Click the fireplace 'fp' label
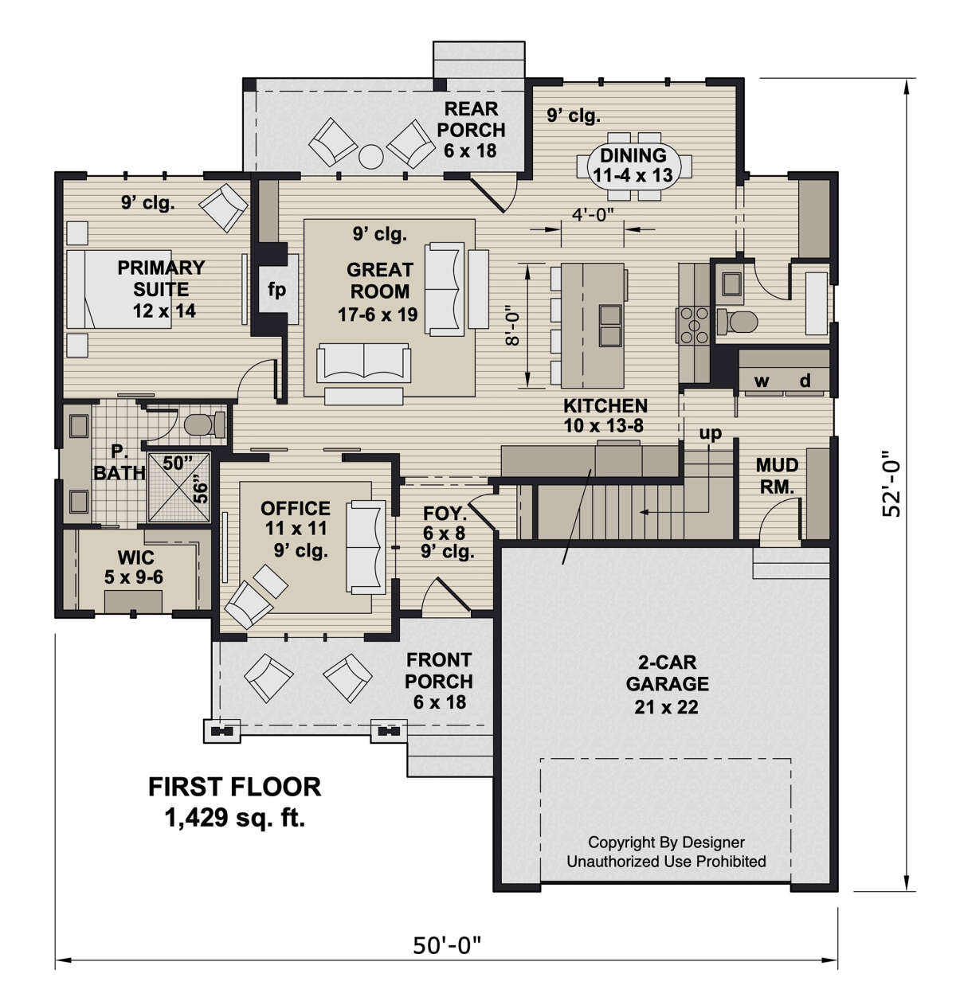point(276,290)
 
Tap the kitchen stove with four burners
point(694,325)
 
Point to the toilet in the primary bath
point(205,424)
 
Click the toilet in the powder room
point(737,322)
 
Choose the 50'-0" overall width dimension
point(448,946)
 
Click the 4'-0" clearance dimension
point(593,215)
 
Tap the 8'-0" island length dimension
point(512,326)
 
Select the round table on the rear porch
point(371,157)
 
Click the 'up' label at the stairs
point(710,433)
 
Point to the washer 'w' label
point(762,381)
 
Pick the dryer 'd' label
point(805,380)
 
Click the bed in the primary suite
point(119,289)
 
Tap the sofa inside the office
point(366,547)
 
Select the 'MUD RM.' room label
point(777,476)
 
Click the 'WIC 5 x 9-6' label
point(135,567)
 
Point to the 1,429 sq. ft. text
point(235,818)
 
